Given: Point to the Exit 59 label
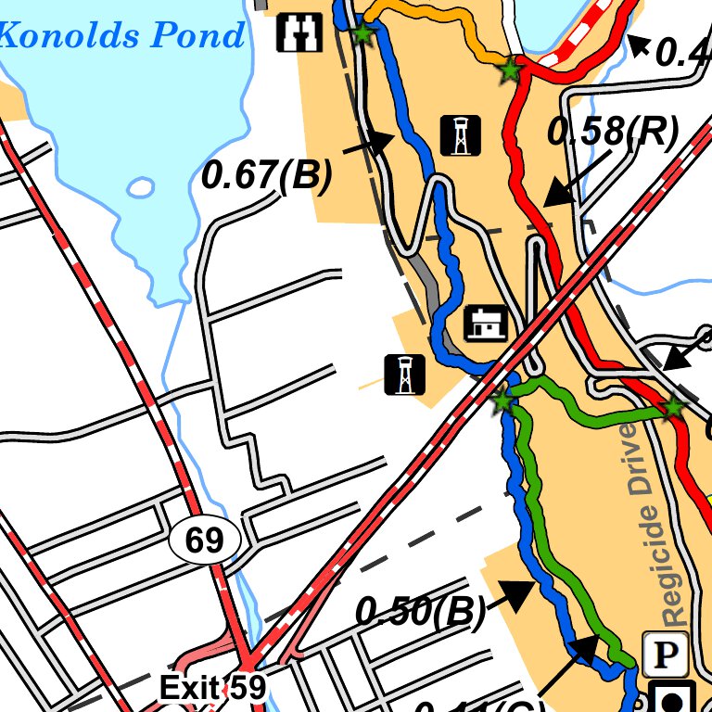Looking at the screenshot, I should pyautogui.click(x=212, y=687).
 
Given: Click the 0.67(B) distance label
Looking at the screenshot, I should pyautogui.click(x=266, y=175).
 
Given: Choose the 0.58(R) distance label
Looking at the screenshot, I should pyautogui.click(x=613, y=133).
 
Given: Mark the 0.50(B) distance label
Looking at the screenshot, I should pyautogui.click(x=421, y=611).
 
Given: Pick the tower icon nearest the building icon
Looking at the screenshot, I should pyautogui.click(x=404, y=375).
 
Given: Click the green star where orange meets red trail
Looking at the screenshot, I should pyautogui.click(x=509, y=70).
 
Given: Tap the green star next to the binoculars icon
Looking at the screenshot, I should pyautogui.click(x=362, y=35).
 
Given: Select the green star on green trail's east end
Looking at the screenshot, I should pyautogui.click(x=672, y=406).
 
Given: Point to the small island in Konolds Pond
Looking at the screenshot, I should pyautogui.click(x=141, y=188).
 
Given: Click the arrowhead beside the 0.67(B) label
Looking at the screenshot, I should pyautogui.click(x=382, y=142).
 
